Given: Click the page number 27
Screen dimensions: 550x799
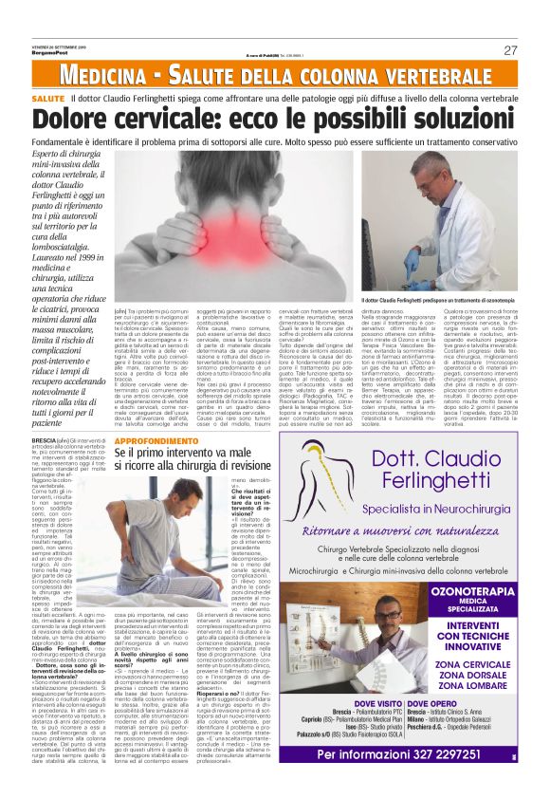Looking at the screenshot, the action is point(510,50).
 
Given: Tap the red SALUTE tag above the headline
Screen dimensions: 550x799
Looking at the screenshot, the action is point(47,99).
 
